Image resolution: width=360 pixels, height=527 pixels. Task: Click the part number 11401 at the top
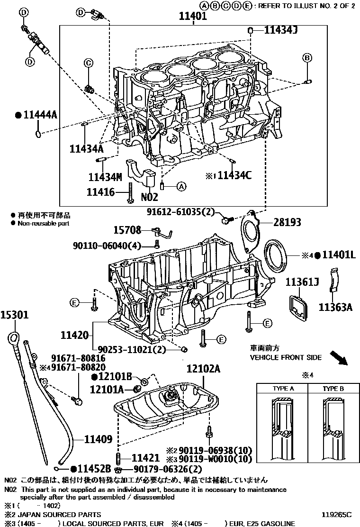coord(192,17)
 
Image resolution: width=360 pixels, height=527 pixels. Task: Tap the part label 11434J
coord(280,30)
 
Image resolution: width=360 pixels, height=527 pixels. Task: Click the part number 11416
coord(100,192)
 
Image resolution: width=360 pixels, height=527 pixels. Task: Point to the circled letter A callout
coord(180,187)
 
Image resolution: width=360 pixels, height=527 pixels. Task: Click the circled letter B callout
coord(307,58)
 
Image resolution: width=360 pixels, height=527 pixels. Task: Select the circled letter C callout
coord(88,63)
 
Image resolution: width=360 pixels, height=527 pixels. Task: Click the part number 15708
coord(127,230)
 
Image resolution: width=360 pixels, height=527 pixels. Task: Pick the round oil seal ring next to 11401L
coord(277,255)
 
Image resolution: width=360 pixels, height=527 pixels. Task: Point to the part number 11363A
coord(335,307)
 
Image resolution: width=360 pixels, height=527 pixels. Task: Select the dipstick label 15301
coord(14,314)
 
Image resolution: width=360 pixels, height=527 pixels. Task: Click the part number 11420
coord(74,336)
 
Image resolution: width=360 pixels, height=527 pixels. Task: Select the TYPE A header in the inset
coord(283,389)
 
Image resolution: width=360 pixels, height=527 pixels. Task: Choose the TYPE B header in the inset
coord(333,389)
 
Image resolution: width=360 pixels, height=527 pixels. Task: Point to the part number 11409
coord(98,439)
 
